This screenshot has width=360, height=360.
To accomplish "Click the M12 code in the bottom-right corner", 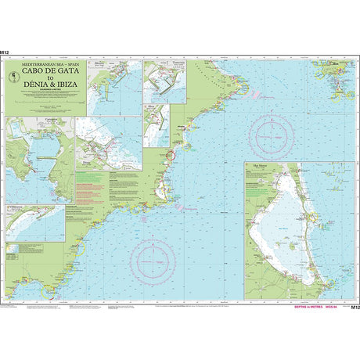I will click(x=355, y=308).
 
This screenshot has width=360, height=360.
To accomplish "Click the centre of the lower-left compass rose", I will click(x=153, y=256).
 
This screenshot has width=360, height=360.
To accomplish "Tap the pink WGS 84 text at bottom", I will click(x=336, y=308).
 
